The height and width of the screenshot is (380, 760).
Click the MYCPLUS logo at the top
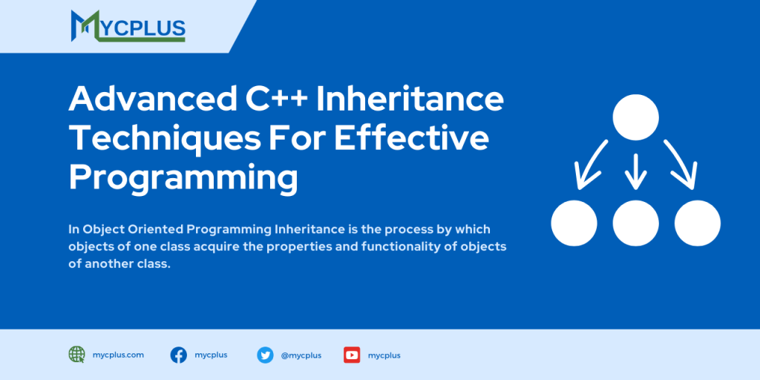tap(128, 26)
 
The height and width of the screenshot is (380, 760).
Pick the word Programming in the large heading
tap(183, 178)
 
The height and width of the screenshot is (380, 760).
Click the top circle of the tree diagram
tap(635, 117)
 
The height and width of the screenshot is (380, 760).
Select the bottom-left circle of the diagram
tap(574, 223)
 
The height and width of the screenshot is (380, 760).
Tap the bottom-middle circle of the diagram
tap(635, 223)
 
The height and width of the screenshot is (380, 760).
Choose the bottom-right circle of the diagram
tap(697, 223)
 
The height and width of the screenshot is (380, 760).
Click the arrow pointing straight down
tap(635, 169)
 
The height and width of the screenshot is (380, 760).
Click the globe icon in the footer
tap(76, 355)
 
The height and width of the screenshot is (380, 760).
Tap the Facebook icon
tap(178, 355)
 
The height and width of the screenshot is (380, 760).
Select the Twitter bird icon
tap(265, 355)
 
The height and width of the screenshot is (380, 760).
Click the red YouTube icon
tap(352, 355)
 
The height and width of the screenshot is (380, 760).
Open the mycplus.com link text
tap(118, 355)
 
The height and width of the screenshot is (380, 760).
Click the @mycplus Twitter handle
tap(301, 356)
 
